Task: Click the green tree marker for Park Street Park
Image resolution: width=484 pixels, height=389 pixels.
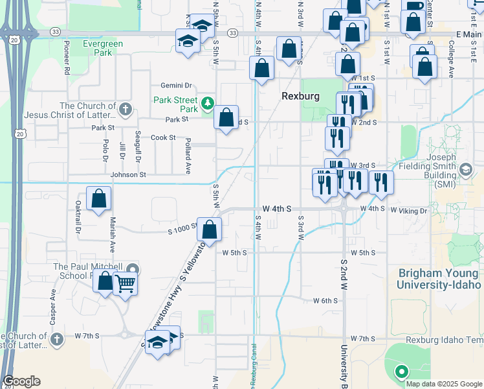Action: click(207, 102)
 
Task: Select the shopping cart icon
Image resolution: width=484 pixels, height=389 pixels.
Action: click(125, 283)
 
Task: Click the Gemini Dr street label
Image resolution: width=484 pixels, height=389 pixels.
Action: click(177, 86)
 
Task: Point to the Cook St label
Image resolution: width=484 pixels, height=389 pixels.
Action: click(163, 137)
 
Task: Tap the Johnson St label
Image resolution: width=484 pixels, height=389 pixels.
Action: click(128, 174)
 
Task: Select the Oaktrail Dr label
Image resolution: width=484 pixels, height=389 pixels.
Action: click(78, 217)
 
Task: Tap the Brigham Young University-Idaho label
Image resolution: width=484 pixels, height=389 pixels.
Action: click(439, 279)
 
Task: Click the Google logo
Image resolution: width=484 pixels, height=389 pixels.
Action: click(21, 381)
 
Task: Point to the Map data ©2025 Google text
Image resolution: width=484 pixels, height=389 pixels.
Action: click(443, 384)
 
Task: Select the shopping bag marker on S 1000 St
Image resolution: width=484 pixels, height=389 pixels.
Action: click(209, 230)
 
